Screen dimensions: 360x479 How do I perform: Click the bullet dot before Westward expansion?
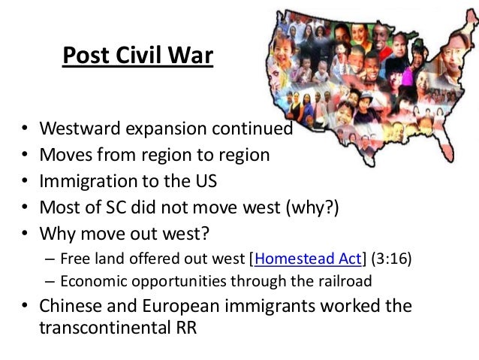[x=25, y=129]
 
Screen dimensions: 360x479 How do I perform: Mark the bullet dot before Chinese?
[x=25, y=307]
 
